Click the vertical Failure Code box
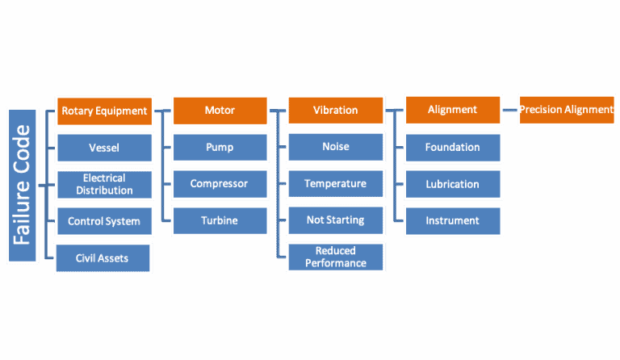[x=22, y=185]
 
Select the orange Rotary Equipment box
[x=104, y=111]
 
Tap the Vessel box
[x=104, y=148]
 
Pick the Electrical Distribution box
[x=104, y=184]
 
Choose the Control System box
[x=104, y=221]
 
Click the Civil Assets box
[x=104, y=258]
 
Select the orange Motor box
[x=220, y=111]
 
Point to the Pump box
[x=220, y=148]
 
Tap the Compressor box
[x=220, y=184]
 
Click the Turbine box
[x=220, y=220]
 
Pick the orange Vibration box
[x=336, y=111]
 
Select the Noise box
[x=336, y=147]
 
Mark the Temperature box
[x=336, y=184]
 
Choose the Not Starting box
[x=336, y=220]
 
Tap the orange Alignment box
[x=452, y=110]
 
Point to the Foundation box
[x=452, y=147]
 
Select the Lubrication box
[x=452, y=184]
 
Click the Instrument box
[x=452, y=220]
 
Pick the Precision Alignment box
[x=566, y=110]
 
